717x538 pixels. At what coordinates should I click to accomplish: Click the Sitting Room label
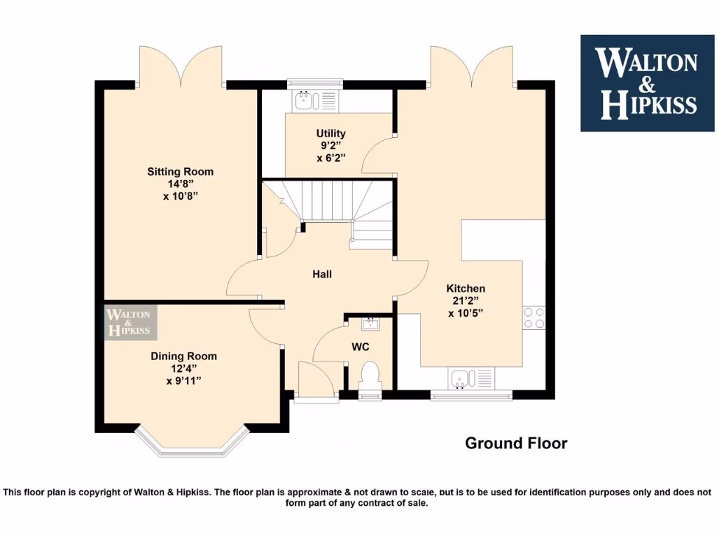point(180,172)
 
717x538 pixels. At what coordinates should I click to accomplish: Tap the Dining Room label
point(183,356)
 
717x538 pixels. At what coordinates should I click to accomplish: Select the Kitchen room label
point(466,289)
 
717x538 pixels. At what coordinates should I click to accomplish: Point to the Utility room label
point(330,133)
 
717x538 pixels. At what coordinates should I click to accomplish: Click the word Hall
point(322,274)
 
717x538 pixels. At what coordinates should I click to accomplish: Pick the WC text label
point(360,347)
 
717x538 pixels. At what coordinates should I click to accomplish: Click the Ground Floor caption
point(516,443)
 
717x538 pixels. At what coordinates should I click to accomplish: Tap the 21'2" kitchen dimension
point(466,301)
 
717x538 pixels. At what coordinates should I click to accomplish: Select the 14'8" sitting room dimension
point(180,184)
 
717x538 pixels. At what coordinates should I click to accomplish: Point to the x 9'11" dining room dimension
point(183,381)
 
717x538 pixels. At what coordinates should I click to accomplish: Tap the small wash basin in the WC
point(369,324)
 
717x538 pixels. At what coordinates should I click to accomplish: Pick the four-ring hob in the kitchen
point(534,317)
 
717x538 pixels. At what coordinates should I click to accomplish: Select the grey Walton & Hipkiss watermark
point(131,322)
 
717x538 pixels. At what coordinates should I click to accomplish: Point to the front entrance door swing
point(314,380)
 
